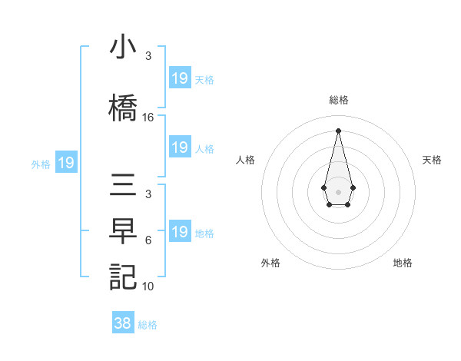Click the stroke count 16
(x=148, y=118)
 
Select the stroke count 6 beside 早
(x=148, y=240)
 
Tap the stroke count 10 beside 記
(x=148, y=286)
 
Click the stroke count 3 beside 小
(x=148, y=56)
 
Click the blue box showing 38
(x=123, y=323)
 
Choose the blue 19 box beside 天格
(x=180, y=78)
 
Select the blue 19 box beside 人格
(x=180, y=147)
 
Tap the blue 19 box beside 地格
(x=180, y=232)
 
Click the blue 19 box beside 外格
(x=66, y=163)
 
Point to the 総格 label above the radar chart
(x=339, y=100)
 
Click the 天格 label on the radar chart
(x=432, y=160)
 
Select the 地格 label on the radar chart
(x=403, y=263)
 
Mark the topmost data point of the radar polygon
(x=338, y=131)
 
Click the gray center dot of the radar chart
(x=338, y=190)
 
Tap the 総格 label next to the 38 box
(x=148, y=325)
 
